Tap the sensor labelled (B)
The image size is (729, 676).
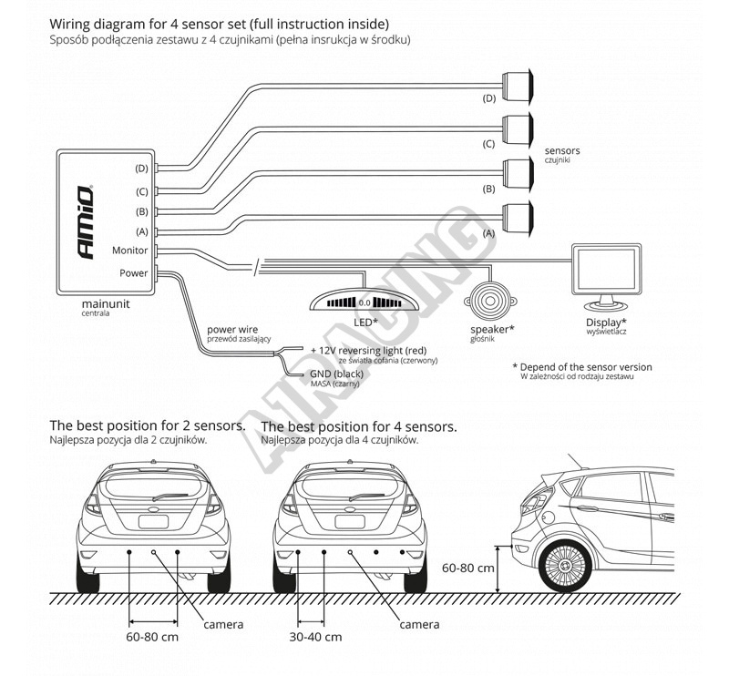520,172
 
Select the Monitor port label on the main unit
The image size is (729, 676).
129,250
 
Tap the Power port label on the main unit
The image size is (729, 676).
133,271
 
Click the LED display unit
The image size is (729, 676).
363,301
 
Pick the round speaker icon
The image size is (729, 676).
491,297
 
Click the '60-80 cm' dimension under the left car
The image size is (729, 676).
153,637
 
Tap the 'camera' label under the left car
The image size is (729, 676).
223,624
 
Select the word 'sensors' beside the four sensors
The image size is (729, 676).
562,150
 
